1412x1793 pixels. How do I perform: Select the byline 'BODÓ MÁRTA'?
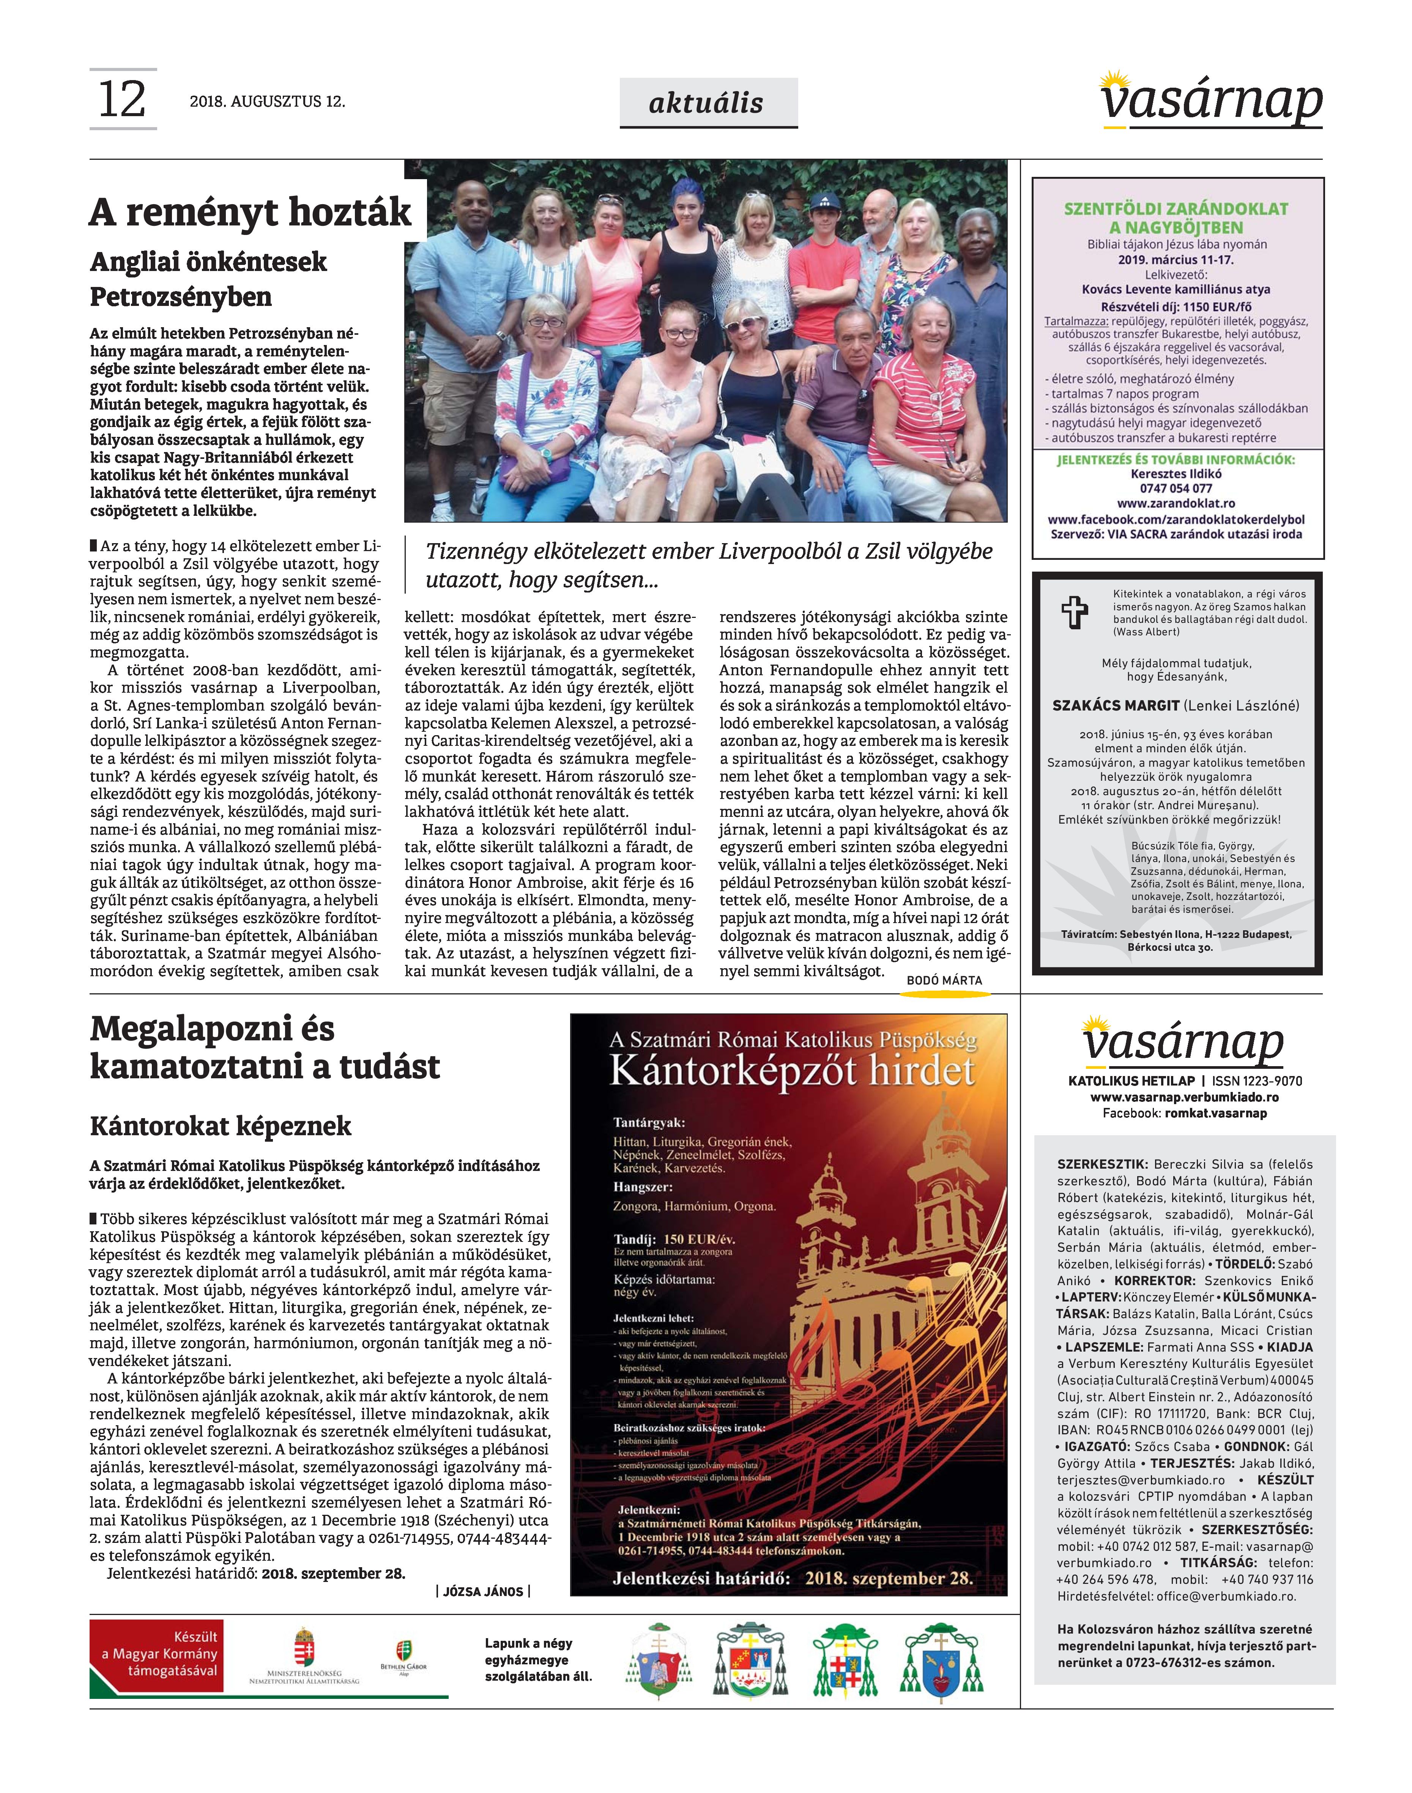(944, 980)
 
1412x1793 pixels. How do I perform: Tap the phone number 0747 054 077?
(1176, 488)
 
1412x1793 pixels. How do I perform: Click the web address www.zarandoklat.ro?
(1176, 503)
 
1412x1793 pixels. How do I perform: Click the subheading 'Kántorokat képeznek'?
(221, 1126)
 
